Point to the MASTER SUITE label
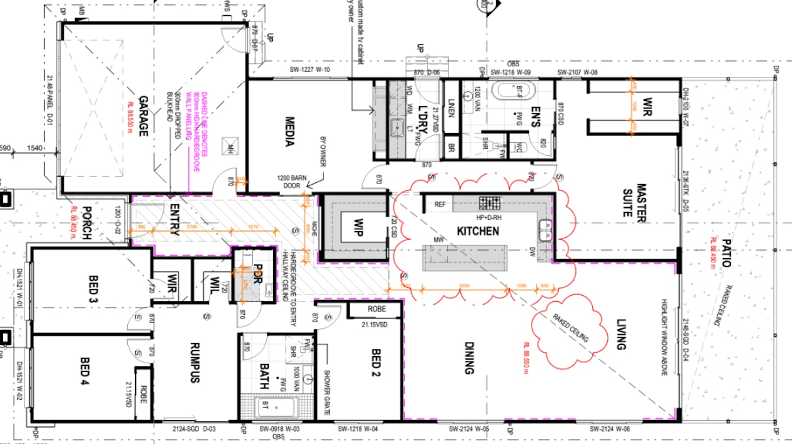point(641,200)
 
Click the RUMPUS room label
point(195,363)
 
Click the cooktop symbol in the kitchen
point(490,203)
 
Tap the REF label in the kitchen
point(441,204)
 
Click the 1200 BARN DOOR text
point(292,181)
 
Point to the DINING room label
point(469,357)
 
